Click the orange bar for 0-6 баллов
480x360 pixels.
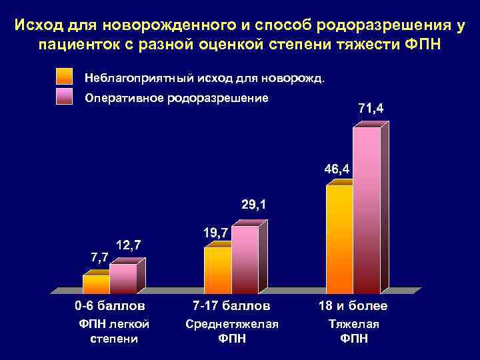96,284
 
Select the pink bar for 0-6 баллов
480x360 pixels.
123,279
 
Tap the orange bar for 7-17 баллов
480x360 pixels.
217,270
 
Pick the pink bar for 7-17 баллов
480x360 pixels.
244,259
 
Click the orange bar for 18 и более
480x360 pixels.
339,239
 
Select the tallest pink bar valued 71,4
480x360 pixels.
366,210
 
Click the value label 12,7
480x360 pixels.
127,244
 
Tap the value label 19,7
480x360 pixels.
215,232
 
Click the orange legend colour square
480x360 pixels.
65,77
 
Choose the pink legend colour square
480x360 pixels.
65,97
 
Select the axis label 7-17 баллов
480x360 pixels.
231,307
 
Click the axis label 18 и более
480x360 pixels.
353,307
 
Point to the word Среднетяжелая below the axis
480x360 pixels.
231,324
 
